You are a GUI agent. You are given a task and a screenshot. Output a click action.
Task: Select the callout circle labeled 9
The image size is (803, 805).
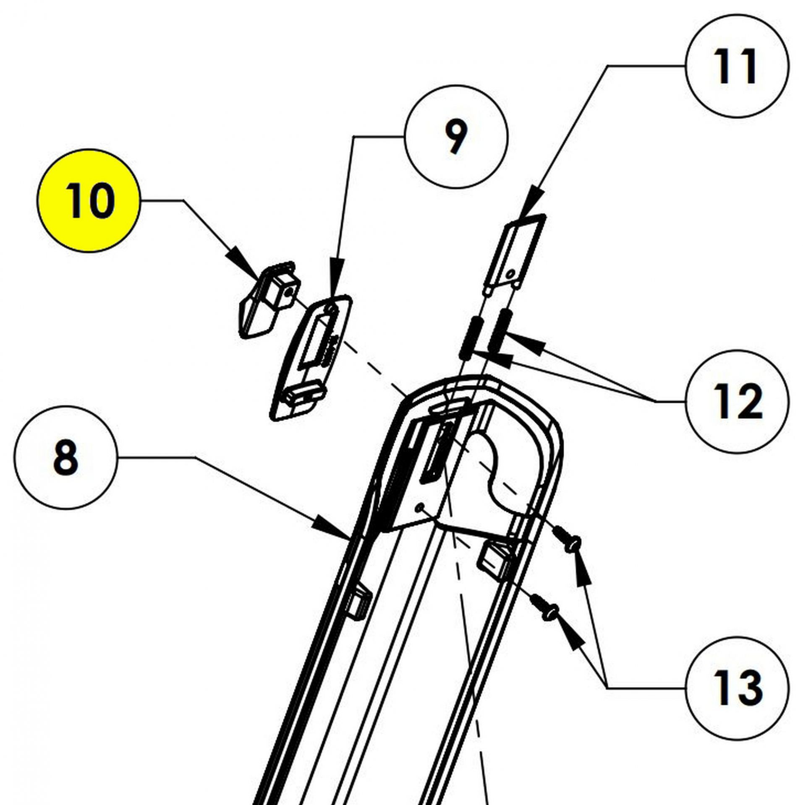[x=456, y=136]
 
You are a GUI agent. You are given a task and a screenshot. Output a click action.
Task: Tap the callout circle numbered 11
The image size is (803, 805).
[x=737, y=66]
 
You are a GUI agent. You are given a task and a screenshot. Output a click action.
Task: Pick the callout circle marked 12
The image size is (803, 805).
[x=737, y=402]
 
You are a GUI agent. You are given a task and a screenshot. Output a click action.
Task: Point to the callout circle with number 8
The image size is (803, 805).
[x=65, y=458]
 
